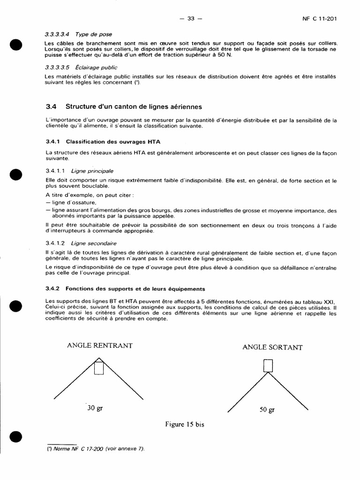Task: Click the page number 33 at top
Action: coord(190,19)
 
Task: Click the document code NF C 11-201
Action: coord(320,19)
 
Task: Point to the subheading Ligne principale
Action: coord(92,171)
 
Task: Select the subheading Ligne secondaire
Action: coord(94,243)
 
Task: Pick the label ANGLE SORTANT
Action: coord(272,347)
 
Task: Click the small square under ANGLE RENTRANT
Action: coord(99,368)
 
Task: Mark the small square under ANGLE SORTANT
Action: coord(267,366)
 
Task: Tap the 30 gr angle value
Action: coord(95,408)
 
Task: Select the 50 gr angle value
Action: coord(267,410)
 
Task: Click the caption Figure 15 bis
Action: coord(185,424)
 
